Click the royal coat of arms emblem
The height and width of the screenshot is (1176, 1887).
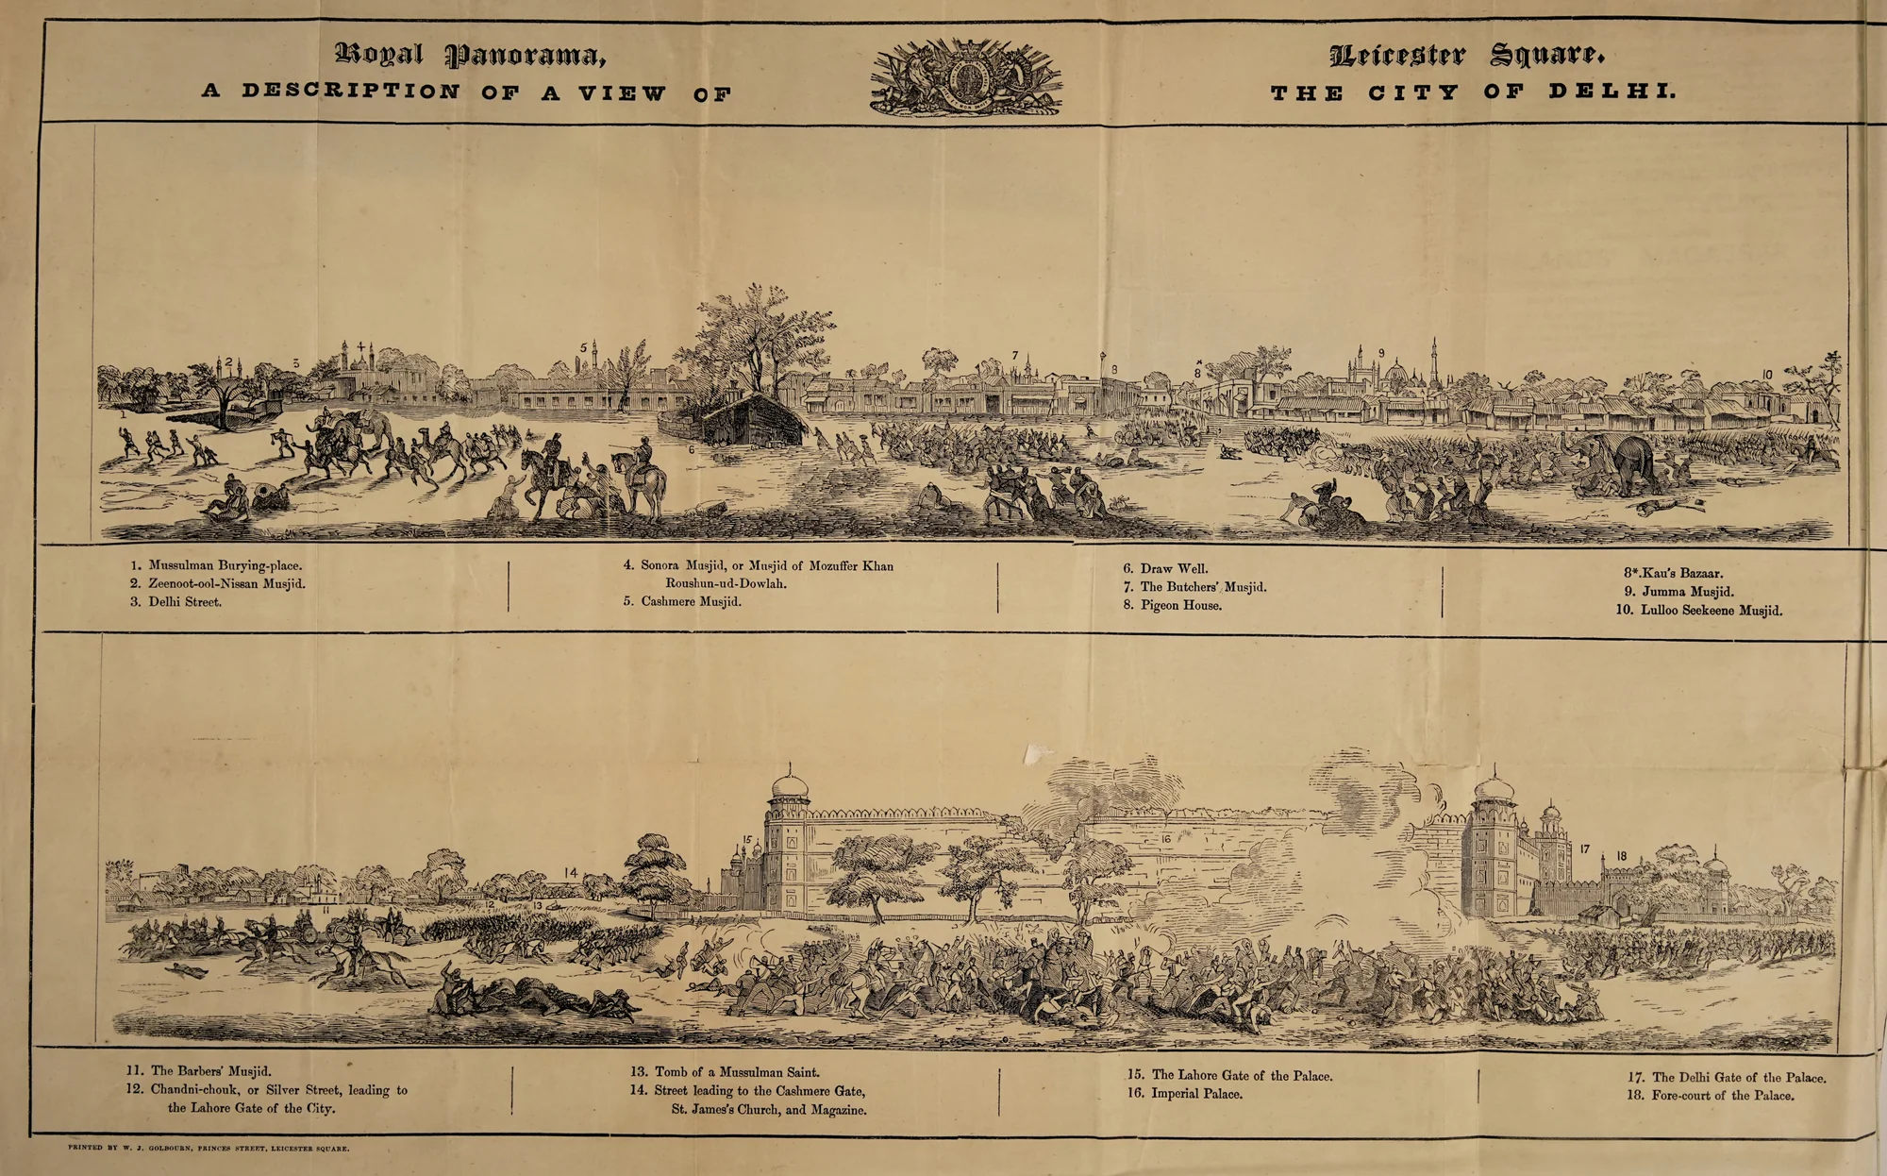[x=965, y=78]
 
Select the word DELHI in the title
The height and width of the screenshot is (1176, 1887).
[x=1611, y=92]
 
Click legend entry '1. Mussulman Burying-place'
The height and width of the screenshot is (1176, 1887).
[x=216, y=565]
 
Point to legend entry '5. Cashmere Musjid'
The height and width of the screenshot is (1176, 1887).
[x=681, y=601]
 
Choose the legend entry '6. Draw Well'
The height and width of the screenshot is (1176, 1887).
[x=1164, y=568]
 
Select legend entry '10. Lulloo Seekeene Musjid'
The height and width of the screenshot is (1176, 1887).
[x=1698, y=610]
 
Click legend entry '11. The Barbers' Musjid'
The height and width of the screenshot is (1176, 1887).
[x=199, y=1071]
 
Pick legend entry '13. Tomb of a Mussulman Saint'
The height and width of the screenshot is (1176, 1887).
[x=725, y=1072]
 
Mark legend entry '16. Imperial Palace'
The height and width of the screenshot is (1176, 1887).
[x=1185, y=1094]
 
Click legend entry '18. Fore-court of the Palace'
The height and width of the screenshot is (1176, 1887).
[x=1711, y=1096]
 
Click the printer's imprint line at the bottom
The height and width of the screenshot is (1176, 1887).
[x=209, y=1149]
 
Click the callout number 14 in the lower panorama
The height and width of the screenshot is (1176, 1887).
[x=570, y=873]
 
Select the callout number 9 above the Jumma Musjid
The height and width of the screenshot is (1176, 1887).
[x=1381, y=353]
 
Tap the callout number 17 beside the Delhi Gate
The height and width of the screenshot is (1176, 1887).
[x=1585, y=849]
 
